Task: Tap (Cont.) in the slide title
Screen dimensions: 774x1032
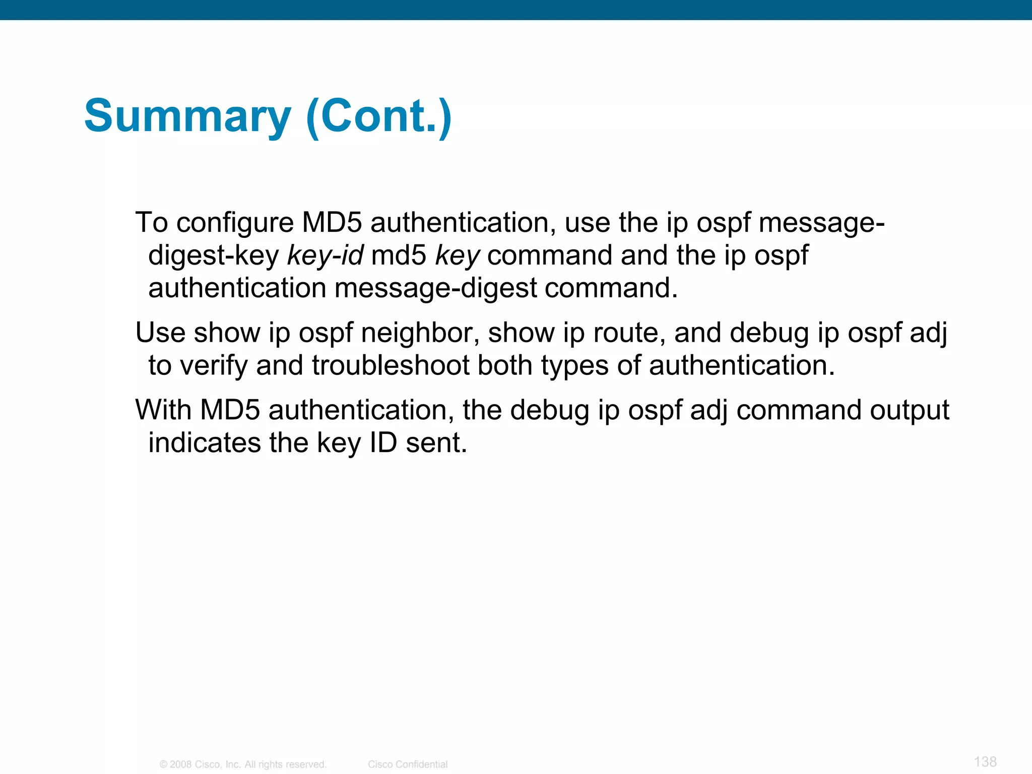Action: coord(379,117)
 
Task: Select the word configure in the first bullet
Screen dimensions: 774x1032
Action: coord(235,223)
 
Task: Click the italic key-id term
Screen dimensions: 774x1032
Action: coord(325,255)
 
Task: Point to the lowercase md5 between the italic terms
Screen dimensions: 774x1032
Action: coord(399,255)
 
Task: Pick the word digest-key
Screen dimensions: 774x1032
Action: coord(213,255)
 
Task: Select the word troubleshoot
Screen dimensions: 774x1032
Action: coord(391,365)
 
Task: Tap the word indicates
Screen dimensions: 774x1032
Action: coord(204,443)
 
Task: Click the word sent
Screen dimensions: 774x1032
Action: coord(436,443)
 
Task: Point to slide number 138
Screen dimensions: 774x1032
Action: coord(985,761)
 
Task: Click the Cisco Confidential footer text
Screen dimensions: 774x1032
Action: coord(408,764)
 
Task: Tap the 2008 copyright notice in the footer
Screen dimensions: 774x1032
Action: coord(243,764)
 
